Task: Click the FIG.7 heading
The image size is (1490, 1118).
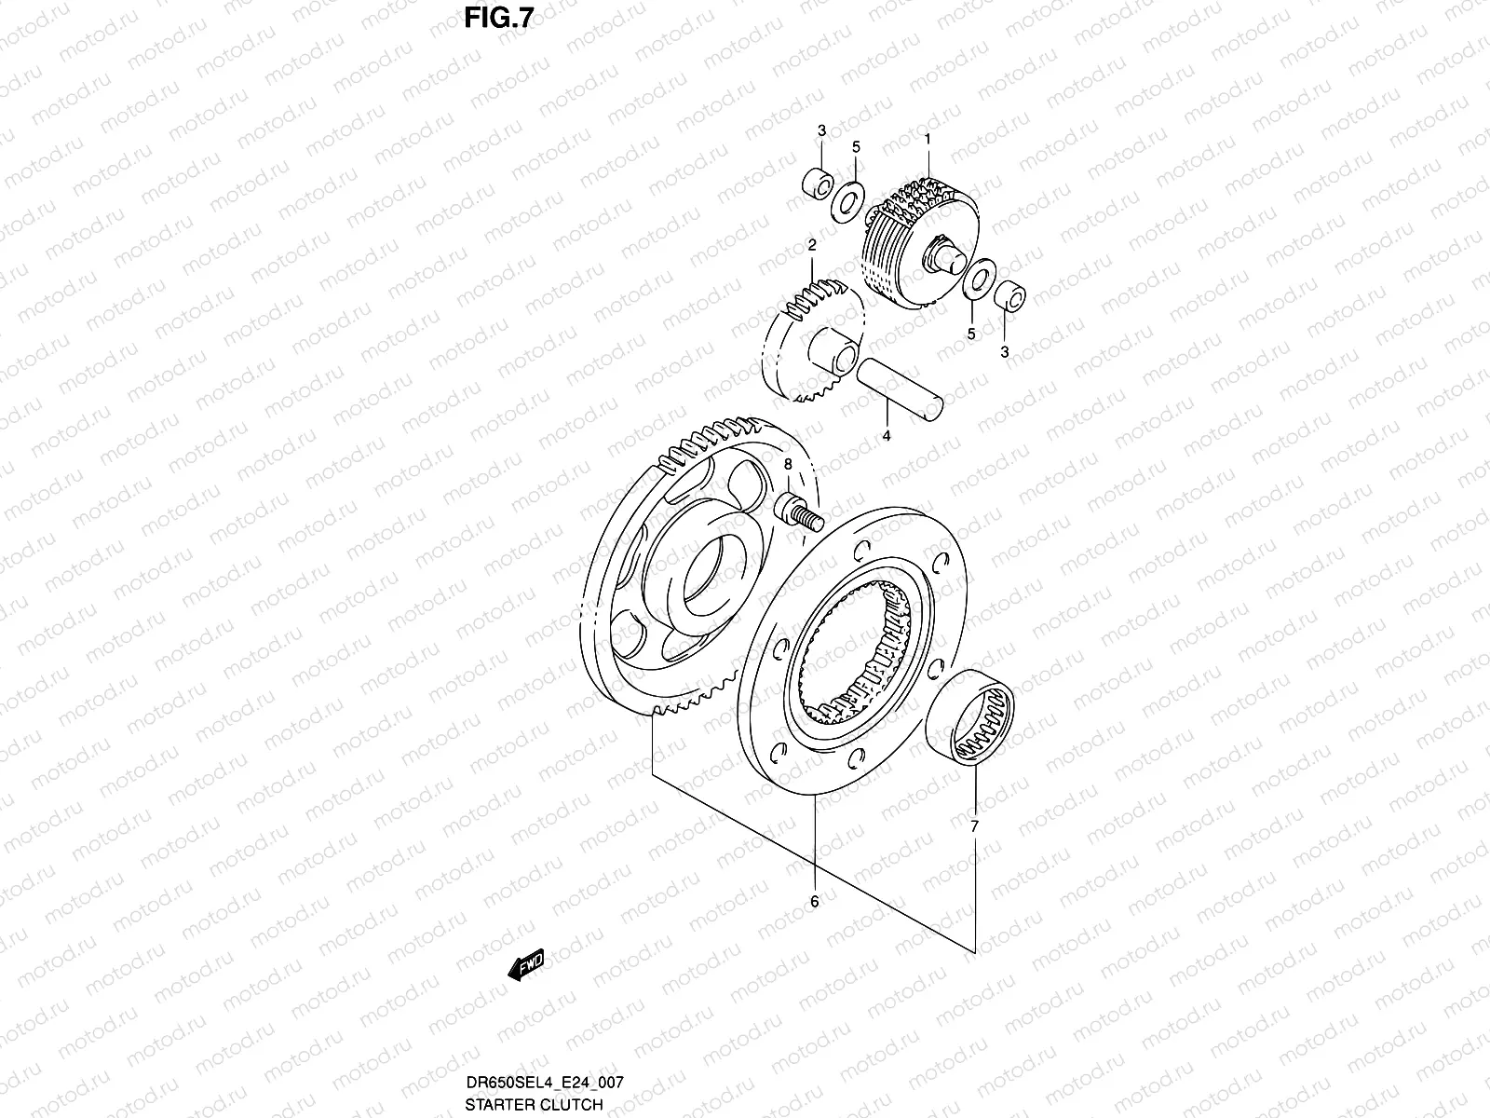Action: (496, 20)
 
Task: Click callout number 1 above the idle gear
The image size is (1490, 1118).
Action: (928, 138)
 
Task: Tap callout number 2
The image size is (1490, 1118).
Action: (812, 245)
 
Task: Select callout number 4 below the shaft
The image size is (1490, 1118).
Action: (887, 436)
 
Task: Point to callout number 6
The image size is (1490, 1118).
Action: (814, 902)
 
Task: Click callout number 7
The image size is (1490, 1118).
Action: (975, 826)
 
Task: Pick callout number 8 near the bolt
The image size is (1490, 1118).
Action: (788, 463)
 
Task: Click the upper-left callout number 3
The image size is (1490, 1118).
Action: (822, 131)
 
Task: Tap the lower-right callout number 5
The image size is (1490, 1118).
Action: (970, 333)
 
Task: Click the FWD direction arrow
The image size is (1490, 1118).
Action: (525, 966)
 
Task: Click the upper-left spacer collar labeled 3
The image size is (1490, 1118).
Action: (817, 182)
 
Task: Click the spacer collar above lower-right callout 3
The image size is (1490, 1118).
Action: (1010, 293)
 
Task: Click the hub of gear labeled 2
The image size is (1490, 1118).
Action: (832, 356)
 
